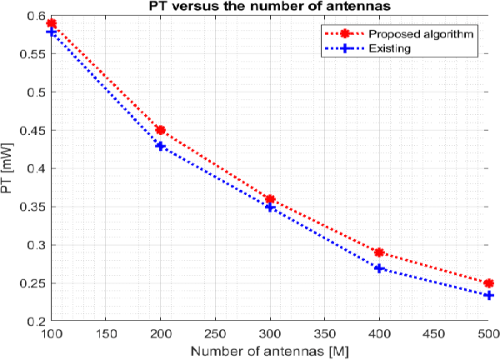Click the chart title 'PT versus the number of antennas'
pyautogui.click(x=269, y=7)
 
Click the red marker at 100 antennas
pyautogui.click(x=52, y=23)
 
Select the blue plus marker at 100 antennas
pyautogui.click(x=52, y=32)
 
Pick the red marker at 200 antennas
pyautogui.click(x=161, y=130)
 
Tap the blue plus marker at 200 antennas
pyautogui.click(x=161, y=146)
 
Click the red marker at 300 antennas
pyautogui.click(x=270, y=199)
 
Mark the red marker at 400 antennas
pyautogui.click(x=379, y=252)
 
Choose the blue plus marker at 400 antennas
pyautogui.click(x=379, y=268)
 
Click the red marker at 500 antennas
pyautogui.click(x=488, y=283)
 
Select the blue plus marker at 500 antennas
pyautogui.click(x=488, y=295)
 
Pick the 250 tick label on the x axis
pyautogui.click(x=215, y=333)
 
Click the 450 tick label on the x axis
pyautogui.click(x=433, y=333)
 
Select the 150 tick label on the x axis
pyautogui.click(x=106, y=333)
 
